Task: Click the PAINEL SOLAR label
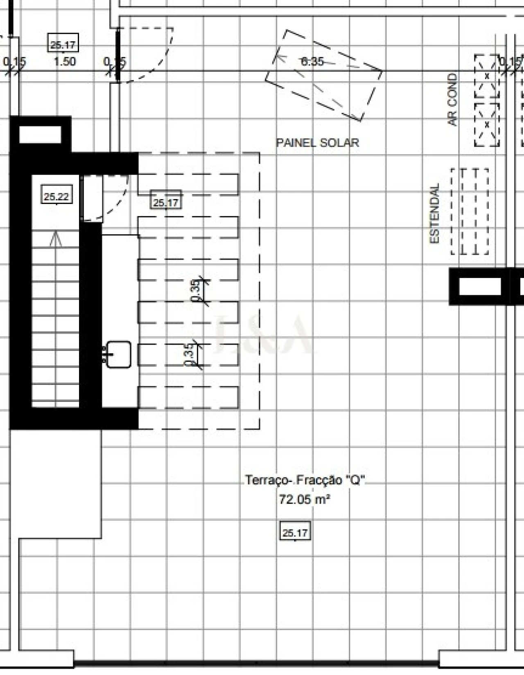[x=317, y=143]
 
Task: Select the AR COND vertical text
[x=452, y=99]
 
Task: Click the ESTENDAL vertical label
[x=434, y=213]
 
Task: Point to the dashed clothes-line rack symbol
[x=469, y=211]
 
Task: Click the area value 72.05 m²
[x=305, y=499]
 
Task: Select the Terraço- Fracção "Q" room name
[x=305, y=480]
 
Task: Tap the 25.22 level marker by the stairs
[x=56, y=196]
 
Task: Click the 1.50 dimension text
[x=65, y=62]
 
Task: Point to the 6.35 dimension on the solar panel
[x=312, y=62]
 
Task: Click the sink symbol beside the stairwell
[x=119, y=354]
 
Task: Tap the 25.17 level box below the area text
[x=295, y=533]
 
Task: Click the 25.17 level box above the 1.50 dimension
[x=63, y=45]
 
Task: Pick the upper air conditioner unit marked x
[x=487, y=76]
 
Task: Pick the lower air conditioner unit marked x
[x=487, y=125]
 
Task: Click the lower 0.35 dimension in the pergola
[x=189, y=354]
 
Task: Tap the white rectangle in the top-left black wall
[x=40, y=135]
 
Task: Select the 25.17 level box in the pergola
[x=166, y=202]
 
